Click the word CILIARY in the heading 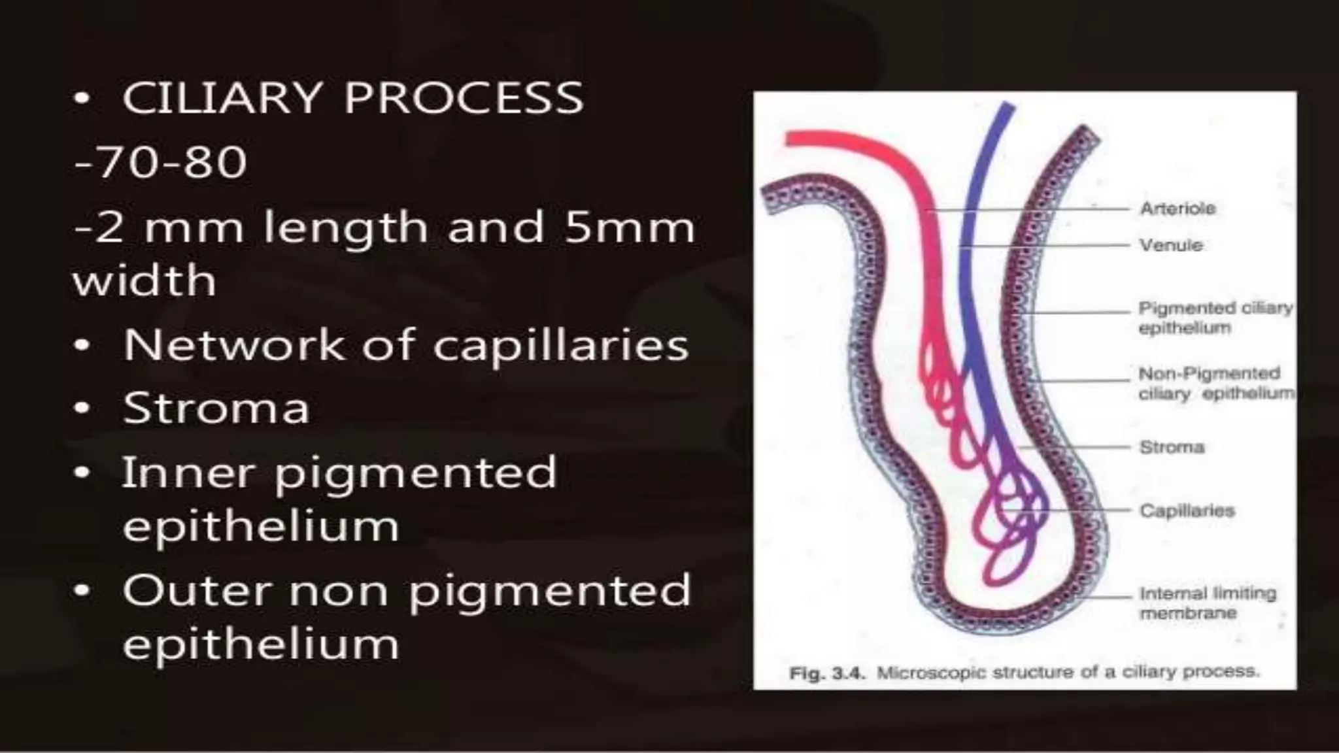[222, 98]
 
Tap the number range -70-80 [160, 162]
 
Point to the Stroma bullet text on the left [216, 408]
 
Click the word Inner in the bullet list [188, 471]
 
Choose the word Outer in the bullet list [196, 590]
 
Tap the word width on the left [144, 281]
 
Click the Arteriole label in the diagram [1178, 209]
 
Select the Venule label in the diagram [1171, 245]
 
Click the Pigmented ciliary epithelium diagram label [1215, 318]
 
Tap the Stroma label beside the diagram [1172, 447]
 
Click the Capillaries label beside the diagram [1187, 510]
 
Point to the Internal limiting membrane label [1207, 603]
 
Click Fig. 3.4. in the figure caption [827, 672]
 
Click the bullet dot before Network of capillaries [81, 346]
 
